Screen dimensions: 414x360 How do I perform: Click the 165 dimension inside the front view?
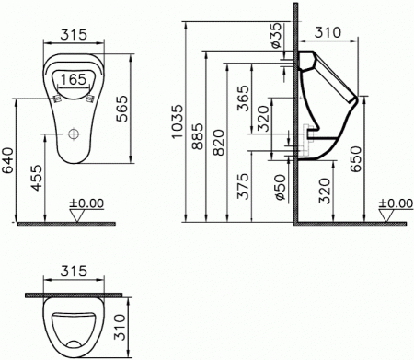[74, 80]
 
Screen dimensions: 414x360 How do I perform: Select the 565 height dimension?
[122, 109]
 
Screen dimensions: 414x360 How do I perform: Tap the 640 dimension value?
[7, 160]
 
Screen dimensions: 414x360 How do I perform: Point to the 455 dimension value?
[38, 178]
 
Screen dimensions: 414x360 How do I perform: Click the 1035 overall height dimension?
[177, 122]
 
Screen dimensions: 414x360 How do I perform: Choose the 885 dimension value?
[198, 136]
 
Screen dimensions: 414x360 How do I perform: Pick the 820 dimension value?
[219, 143]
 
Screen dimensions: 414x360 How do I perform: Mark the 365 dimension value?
[244, 99]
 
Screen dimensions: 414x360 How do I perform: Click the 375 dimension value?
[244, 187]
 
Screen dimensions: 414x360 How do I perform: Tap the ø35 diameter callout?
[276, 35]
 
